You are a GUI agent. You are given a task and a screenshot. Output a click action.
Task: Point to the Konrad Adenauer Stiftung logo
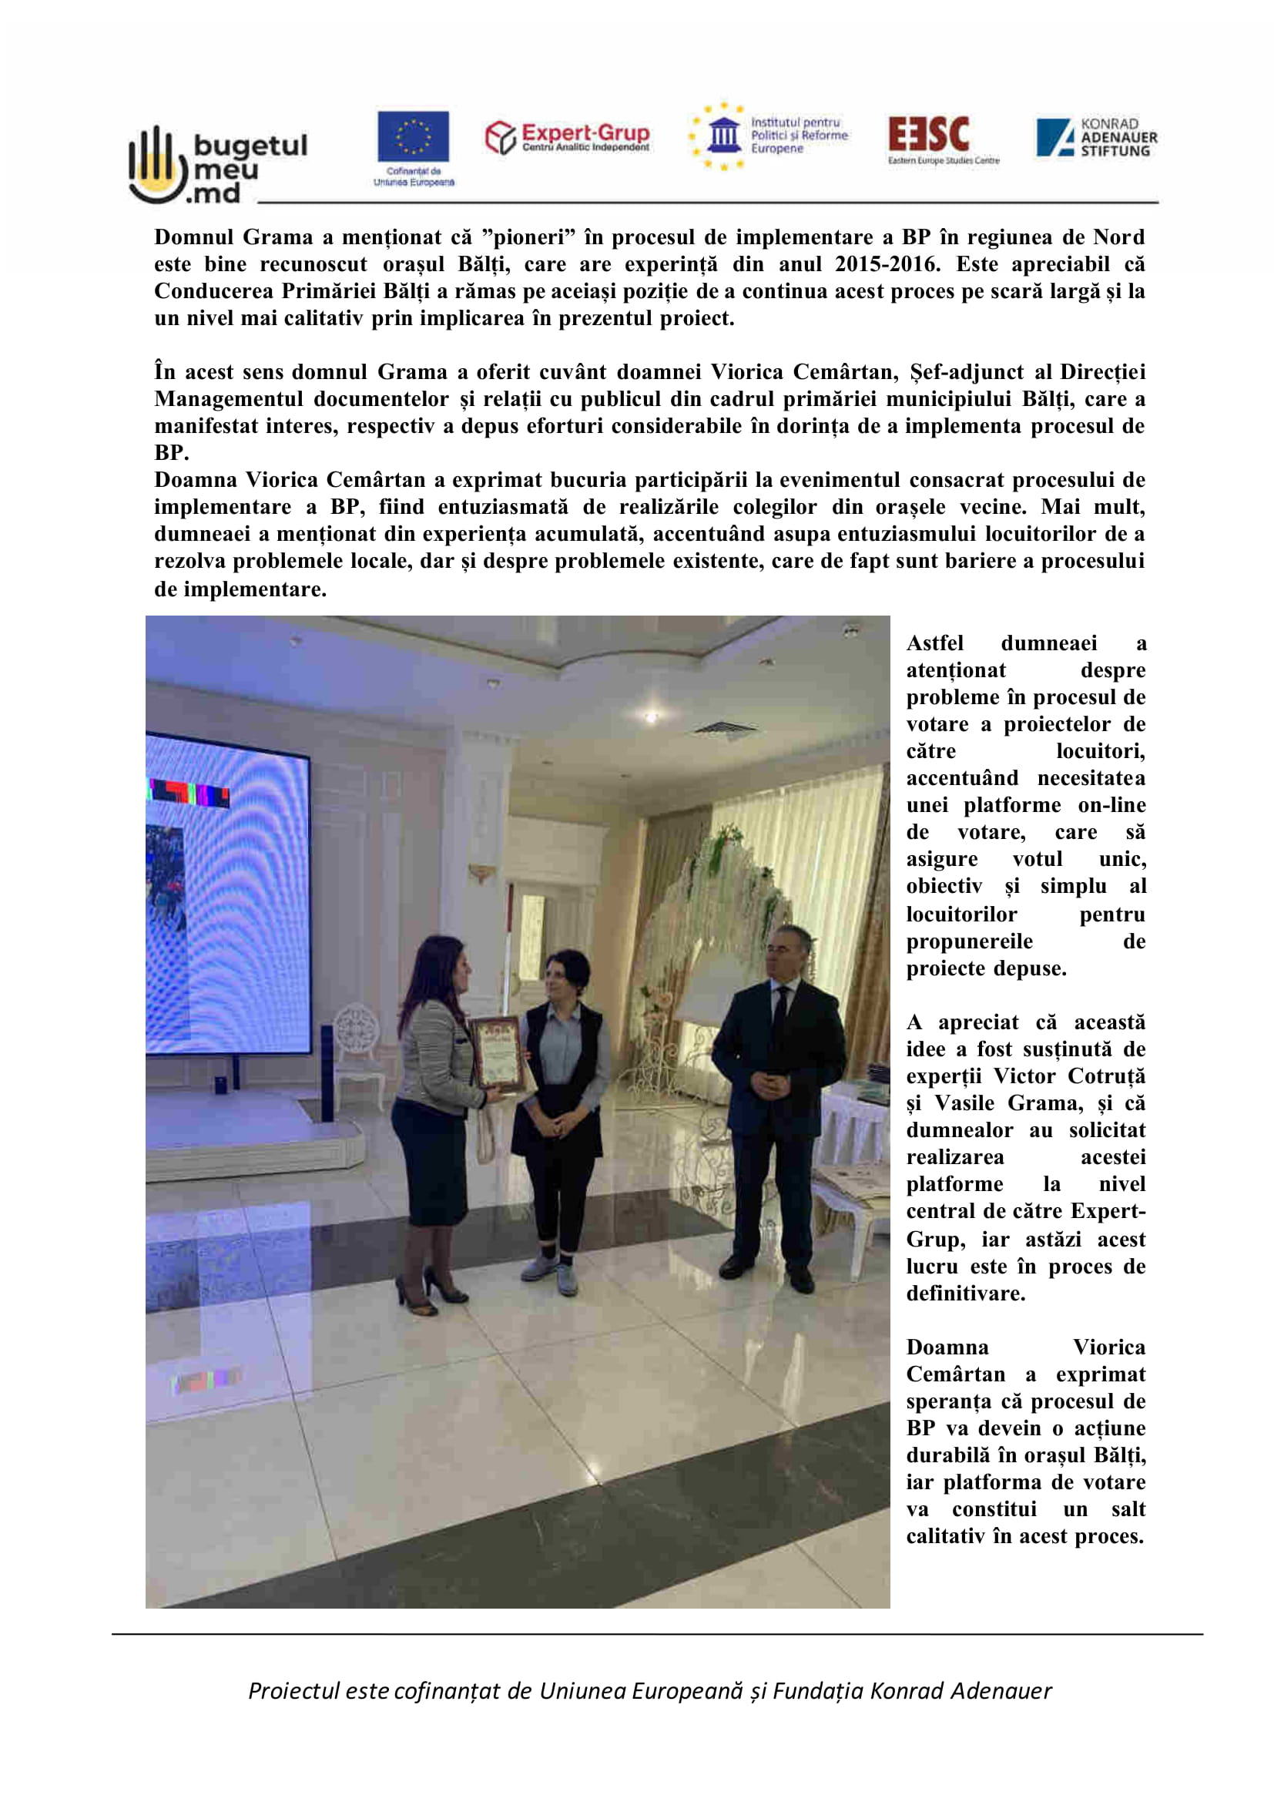pyautogui.click(x=1096, y=137)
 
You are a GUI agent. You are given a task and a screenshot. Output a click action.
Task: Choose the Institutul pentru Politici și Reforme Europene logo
pyautogui.click(x=769, y=136)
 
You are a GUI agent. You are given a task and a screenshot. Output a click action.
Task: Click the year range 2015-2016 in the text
pyautogui.click(x=887, y=263)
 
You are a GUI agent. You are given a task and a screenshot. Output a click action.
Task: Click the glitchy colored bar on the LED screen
pyautogui.click(x=189, y=793)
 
